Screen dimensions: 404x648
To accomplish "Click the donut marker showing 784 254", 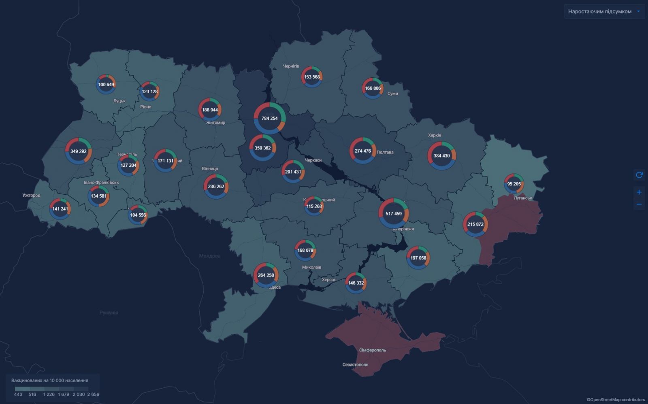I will [x=270, y=118].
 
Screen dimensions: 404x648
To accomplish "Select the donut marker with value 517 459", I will [x=393, y=213].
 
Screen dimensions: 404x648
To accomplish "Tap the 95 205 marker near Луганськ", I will [x=514, y=184].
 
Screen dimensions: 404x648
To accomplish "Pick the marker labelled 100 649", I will [x=106, y=85].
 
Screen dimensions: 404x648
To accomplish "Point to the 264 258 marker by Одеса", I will [x=266, y=275].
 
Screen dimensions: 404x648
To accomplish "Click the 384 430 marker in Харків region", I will [x=441, y=155].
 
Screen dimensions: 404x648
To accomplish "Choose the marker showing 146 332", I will [x=356, y=283].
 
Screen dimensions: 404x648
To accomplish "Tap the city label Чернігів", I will [x=291, y=66].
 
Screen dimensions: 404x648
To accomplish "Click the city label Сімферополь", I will [x=373, y=350].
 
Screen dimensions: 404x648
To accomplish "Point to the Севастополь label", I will [x=355, y=365].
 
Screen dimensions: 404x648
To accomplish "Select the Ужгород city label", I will [x=31, y=196].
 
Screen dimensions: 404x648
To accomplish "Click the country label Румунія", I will [x=109, y=313].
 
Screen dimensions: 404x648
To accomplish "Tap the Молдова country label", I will [x=210, y=256].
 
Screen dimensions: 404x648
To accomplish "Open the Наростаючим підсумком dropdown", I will [x=604, y=11].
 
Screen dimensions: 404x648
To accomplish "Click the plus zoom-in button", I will [x=639, y=192].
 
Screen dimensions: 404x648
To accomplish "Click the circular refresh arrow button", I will [x=639, y=175].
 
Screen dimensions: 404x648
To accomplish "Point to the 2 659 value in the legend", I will [x=93, y=394].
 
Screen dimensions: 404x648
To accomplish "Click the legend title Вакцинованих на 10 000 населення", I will [x=50, y=381].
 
